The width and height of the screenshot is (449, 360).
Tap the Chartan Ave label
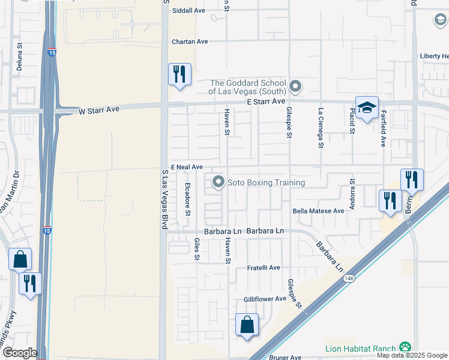[x=190, y=41]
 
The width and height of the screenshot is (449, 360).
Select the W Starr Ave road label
[x=100, y=110]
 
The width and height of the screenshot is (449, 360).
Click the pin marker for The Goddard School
[x=295, y=87]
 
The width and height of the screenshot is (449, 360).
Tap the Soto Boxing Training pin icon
[x=218, y=182]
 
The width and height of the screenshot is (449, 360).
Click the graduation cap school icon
[x=367, y=108]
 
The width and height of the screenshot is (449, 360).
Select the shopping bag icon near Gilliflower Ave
[x=247, y=325]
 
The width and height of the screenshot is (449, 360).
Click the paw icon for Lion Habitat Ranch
[x=406, y=347]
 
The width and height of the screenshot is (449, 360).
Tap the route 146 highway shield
[x=348, y=278]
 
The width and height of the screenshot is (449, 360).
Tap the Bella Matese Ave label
[x=318, y=211]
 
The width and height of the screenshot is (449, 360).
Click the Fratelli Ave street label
[x=264, y=268]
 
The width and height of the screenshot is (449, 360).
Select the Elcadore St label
[x=188, y=199]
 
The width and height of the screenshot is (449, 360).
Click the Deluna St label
[x=19, y=56]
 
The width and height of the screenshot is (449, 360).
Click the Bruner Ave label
[x=285, y=357]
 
